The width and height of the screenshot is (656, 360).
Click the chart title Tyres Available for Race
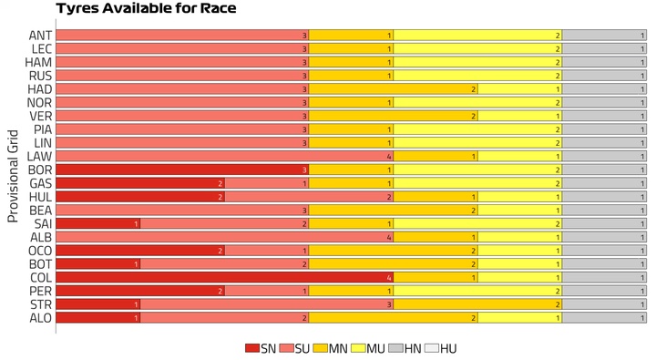pos(146,8)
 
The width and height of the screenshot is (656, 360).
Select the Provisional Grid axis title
pos(13,176)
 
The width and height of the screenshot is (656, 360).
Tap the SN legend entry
pos(261,348)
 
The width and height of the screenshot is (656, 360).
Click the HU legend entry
pos(441,348)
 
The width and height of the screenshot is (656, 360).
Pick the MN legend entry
pos(330,348)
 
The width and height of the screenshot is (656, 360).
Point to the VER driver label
pos(41,116)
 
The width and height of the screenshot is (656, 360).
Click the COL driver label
pos(41,278)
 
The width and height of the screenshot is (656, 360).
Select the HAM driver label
pos(38,62)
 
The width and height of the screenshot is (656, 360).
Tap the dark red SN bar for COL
pos(225,278)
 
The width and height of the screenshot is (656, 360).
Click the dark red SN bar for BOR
pos(182,170)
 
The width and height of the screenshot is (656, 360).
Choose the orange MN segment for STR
pos(477,304)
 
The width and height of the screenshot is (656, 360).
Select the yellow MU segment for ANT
pos(477,36)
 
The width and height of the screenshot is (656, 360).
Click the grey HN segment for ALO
pos(604,318)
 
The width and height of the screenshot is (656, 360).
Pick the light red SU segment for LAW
pos(225,157)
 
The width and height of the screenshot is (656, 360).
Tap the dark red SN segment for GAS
pos(140,183)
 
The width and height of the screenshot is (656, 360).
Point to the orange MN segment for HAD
pos(394,89)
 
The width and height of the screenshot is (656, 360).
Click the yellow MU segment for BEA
pos(520,211)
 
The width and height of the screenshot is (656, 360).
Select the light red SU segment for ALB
pos(225,237)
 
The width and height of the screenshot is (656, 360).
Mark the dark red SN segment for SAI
pos(97,223)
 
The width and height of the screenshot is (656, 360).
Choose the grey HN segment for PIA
pos(604,129)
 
